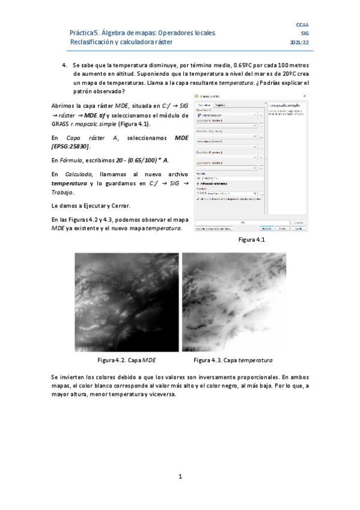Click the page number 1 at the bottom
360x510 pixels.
click(x=180, y=477)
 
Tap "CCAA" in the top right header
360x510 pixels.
click(x=302, y=25)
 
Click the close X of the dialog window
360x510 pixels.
click(x=305, y=96)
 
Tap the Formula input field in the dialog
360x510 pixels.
click(x=228, y=178)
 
